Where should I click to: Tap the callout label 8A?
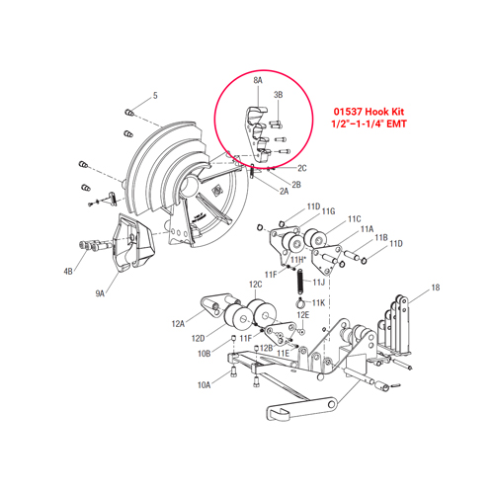258,77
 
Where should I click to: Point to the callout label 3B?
279,95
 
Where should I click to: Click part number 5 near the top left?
154,96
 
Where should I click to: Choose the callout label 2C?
303,168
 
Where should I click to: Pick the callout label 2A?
284,191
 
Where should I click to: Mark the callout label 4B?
68,270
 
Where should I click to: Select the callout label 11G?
329,212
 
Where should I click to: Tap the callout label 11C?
355,218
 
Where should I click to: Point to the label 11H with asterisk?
297,259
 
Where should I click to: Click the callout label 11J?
319,283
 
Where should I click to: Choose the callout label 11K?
319,301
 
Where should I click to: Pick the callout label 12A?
179,322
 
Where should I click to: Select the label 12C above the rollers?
255,284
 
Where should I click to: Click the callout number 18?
436,288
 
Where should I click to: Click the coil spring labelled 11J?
297,283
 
